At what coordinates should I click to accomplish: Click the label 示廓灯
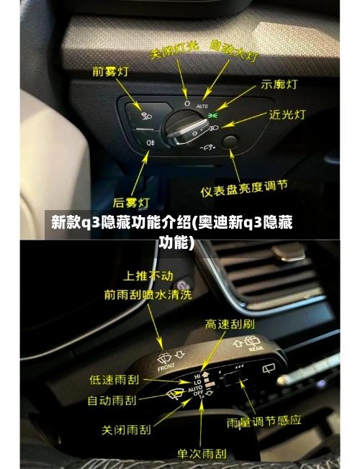coord(280,84)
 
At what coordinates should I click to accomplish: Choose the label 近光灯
coord(289,114)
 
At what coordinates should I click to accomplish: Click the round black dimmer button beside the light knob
coord(230,142)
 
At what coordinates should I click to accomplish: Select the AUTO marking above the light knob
coord(202,105)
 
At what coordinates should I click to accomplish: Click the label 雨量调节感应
coord(264,419)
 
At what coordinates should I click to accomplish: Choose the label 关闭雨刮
coord(127,429)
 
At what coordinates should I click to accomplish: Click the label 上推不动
coord(148,276)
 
